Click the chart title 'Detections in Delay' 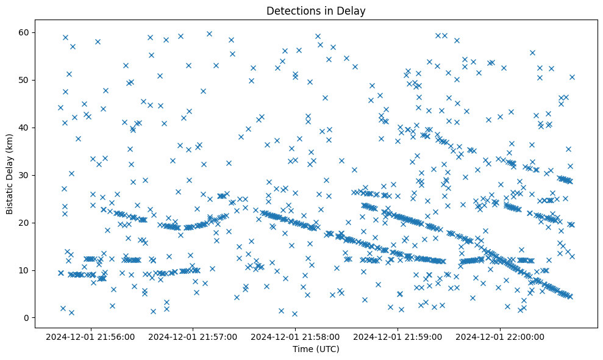[316, 10]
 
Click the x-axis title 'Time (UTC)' [316, 350]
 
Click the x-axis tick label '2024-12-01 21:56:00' [90, 336]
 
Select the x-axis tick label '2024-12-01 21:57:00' [193, 336]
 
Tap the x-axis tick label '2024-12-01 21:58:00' [296, 336]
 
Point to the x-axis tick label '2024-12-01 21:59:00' [398, 336]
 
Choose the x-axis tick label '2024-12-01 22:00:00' [501, 336]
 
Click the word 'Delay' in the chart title [353, 10]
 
